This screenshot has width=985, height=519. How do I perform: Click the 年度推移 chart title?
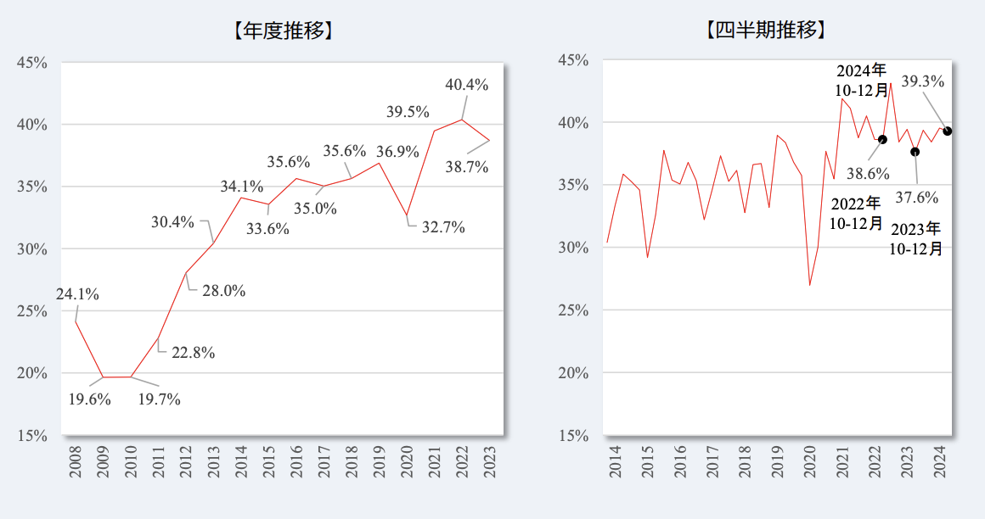(x=281, y=31)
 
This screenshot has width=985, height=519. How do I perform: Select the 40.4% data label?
(x=466, y=85)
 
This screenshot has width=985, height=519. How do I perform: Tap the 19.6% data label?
(x=90, y=399)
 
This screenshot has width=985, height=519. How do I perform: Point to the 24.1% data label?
(x=78, y=295)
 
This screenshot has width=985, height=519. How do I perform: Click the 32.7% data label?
(x=443, y=227)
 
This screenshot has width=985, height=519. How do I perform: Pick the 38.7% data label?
(x=467, y=167)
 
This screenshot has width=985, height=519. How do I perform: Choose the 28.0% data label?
(x=224, y=291)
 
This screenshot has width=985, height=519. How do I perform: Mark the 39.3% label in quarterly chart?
(x=922, y=81)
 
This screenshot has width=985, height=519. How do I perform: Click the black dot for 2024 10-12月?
(x=947, y=131)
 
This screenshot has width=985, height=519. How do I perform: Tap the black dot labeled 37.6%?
(x=915, y=152)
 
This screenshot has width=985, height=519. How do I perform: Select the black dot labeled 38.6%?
(x=882, y=139)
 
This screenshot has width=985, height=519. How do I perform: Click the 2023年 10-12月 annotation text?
(x=915, y=238)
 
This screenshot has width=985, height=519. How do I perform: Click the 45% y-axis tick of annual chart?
(x=31, y=63)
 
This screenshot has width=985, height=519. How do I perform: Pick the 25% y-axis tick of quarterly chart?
(x=572, y=310)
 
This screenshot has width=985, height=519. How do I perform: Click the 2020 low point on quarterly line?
(x=809, y=285)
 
